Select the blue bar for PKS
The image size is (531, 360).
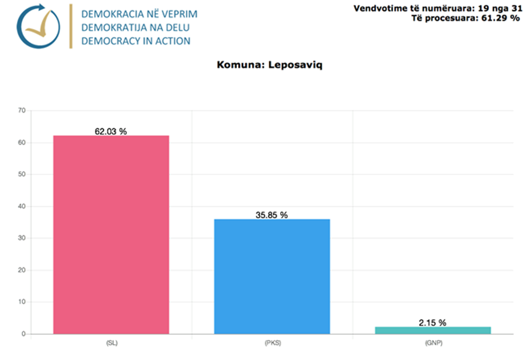(271, 276)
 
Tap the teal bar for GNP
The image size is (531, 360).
(432, 330)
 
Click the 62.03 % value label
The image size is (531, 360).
(111, 131)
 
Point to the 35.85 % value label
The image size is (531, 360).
(271, 215)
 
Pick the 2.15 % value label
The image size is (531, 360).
(432, 323)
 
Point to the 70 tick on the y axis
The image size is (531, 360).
(22, 111)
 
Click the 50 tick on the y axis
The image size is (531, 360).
(22, 175)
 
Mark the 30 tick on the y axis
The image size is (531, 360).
(22, 238)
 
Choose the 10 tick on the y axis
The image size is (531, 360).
(22, 302)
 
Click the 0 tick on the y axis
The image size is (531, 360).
(23, 334)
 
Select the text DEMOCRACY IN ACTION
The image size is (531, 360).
(135, 41)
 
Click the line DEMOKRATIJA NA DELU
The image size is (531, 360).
(135, 28)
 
